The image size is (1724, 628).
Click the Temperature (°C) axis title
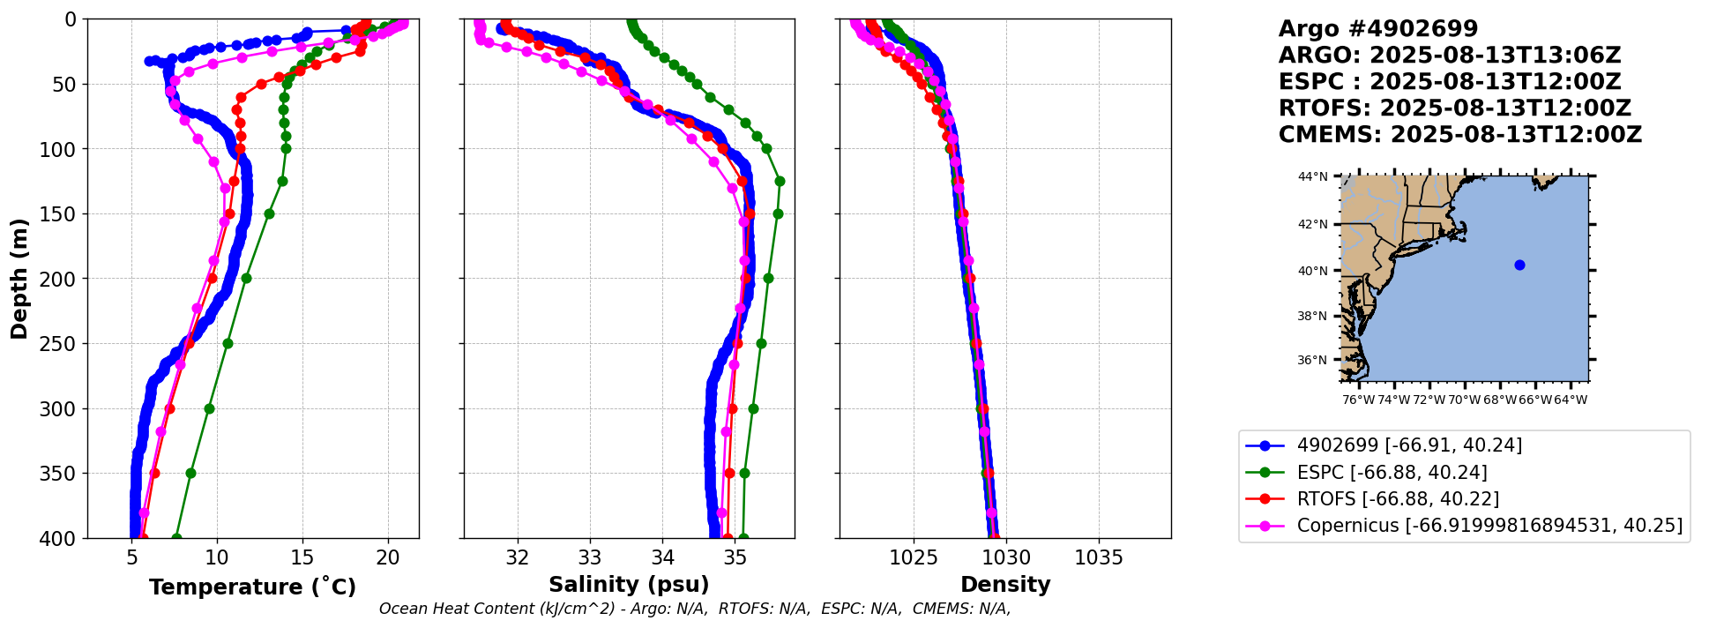(x=252, y=587)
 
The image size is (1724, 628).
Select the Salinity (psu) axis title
(x=629, y=585)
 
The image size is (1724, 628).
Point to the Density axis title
(x=1005, y=585)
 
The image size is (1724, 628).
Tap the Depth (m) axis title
(x=19, y=279)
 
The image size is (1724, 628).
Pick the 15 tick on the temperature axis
(x=302, y=558)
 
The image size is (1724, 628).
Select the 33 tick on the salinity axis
(x=590, y=558)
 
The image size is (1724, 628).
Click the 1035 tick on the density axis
(x=1099, y=558)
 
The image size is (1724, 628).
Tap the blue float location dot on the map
(x=1519, y=265)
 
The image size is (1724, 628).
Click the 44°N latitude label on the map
(x=1312, y=177)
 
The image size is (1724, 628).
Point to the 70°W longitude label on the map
(x=1464, y=400)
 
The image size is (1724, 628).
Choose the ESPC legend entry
(x=1392, y=473)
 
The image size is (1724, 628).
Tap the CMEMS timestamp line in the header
(x=1459, y=135)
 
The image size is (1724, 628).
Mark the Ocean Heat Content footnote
(x=695, y=609)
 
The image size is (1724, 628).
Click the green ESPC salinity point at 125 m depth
(x=780, y=181)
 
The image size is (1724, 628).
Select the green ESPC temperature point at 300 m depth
(x=209, y=408)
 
